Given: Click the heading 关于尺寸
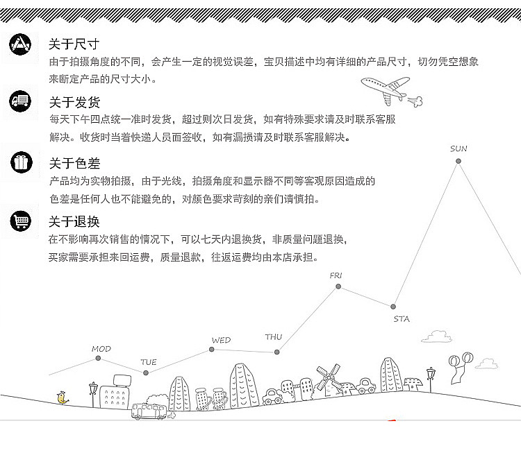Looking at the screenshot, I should click(74, 44).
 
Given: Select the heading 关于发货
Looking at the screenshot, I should click(74, 103).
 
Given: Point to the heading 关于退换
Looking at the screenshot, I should click(74, 222).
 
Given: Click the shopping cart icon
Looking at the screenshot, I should click(20, 221).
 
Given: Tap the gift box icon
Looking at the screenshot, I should click(20, 162).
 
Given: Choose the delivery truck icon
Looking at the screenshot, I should click(20, 102).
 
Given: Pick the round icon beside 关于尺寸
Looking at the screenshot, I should click(20, 44).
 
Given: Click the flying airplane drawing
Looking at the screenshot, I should click(387, 89).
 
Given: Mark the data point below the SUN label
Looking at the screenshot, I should click(458, 162).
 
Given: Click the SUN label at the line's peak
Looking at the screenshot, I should click(458, 148).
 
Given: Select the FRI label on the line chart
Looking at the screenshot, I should click(336, 275).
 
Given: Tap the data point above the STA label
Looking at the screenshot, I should click(393, 306).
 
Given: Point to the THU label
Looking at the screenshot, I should click(274, 337).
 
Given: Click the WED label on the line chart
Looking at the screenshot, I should click(221, 340).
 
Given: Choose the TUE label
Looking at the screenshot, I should click(149, 362).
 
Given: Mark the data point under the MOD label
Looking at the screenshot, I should click(98, 359).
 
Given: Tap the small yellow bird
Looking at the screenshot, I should click(63, 398).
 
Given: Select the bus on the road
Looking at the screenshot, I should click(149, 411).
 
